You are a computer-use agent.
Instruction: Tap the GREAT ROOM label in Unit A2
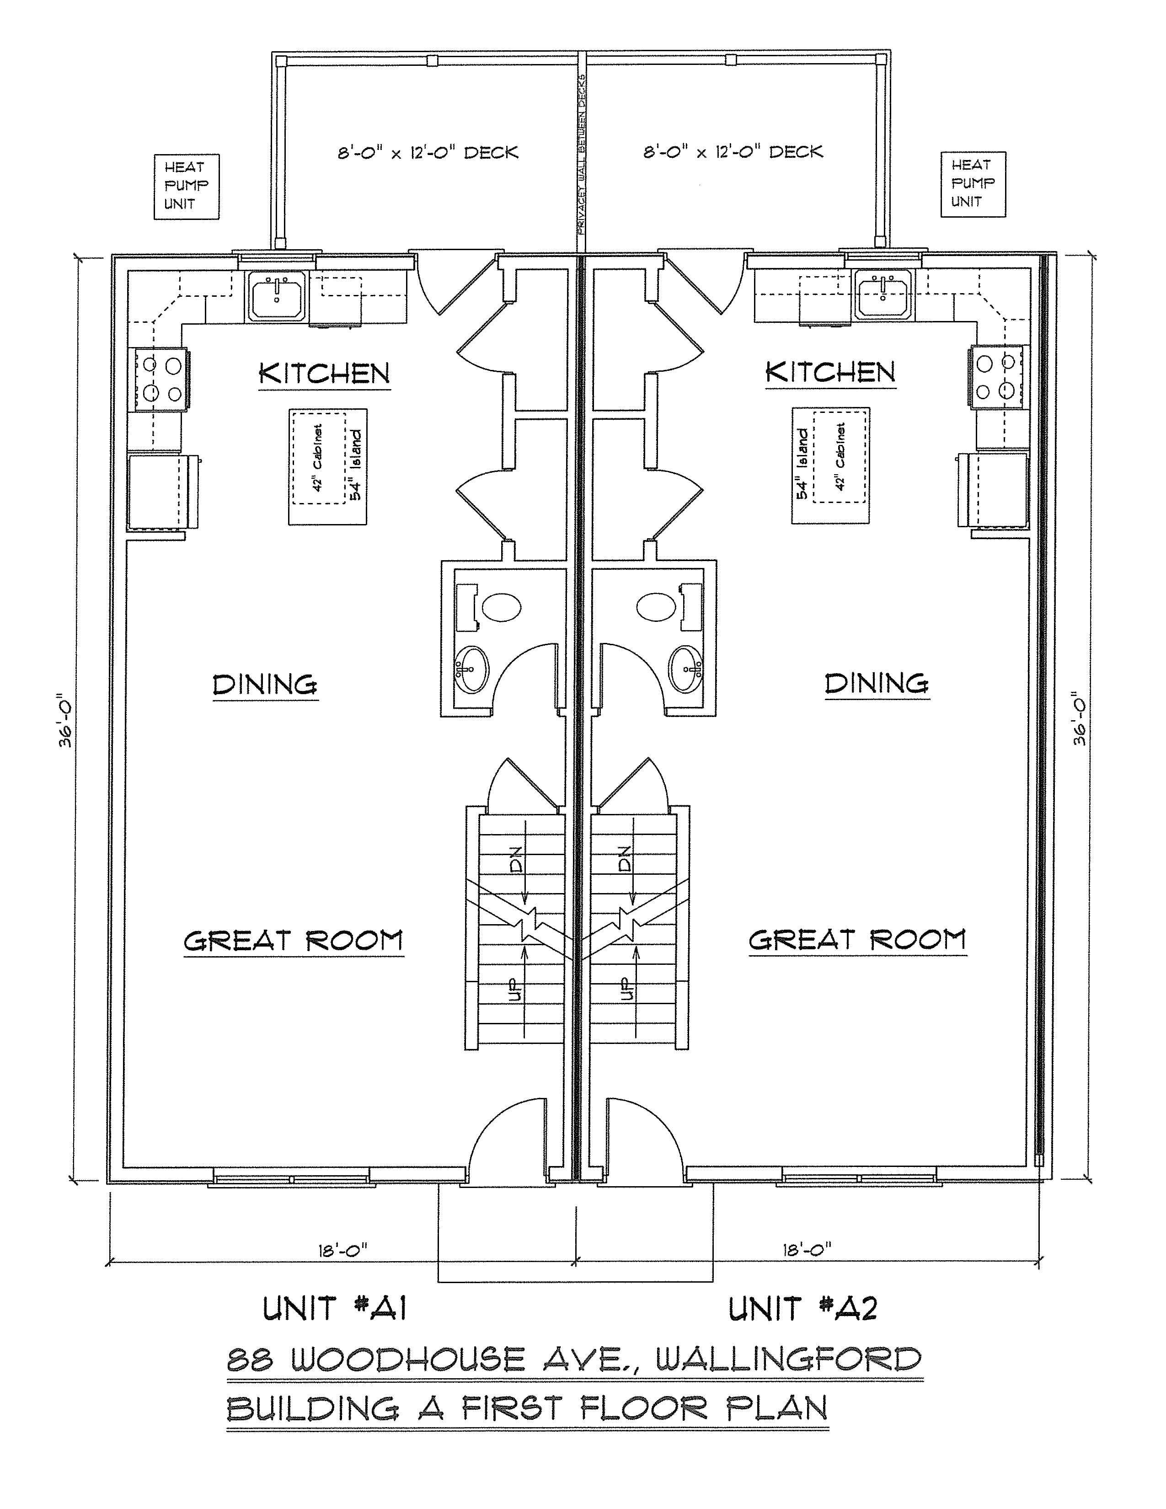pos(857,940)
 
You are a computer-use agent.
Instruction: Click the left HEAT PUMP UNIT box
pos(186,186)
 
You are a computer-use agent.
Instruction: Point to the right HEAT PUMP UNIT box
pos(973,184)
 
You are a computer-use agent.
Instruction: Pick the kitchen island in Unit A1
pos(327,466)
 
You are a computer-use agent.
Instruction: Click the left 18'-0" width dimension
pos(342,1250)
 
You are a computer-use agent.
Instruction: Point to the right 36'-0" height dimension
pos(1080,718)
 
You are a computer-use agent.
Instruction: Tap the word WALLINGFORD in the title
pos(788,1360)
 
